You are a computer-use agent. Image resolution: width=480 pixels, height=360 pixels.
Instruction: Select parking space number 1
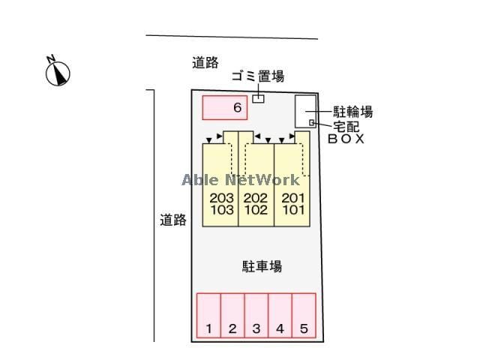tap(209, 316)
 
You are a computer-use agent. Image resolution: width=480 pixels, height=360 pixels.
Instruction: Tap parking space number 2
tap(232, 316)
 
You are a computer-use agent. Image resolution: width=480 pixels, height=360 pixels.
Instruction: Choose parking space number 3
tap(256, 316)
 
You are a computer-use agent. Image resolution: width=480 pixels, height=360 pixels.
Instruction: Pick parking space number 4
tap(280, 316)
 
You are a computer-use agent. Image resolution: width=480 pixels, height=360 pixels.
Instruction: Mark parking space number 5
tap(304, 316)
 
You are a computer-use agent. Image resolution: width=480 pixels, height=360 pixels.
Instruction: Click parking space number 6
tap(225, 108)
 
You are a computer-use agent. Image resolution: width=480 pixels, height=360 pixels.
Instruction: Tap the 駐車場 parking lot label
tap(262, 266)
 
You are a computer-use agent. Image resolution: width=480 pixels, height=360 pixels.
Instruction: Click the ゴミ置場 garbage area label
tap(257, 76)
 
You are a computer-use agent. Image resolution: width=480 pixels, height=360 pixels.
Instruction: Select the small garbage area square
tap(258, 98)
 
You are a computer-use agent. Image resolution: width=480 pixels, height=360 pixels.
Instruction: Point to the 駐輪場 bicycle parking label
tap(352, 112)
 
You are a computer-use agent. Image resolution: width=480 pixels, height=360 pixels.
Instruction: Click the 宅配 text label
tap(346, 126)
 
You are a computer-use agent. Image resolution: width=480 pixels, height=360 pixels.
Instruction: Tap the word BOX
tap(346, 139)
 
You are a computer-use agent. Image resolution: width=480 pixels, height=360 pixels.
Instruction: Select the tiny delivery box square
tap(312, 122)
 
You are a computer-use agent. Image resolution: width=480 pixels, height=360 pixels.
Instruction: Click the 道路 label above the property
tap(205, 63)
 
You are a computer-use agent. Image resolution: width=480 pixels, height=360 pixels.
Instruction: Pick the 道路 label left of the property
tap(172, 220)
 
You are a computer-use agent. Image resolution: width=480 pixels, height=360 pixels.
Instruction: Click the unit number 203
tap(221, 198)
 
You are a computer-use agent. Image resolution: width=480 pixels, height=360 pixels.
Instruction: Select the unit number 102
tap(256, 211)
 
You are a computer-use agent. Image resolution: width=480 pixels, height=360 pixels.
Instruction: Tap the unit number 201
tap(292, 198)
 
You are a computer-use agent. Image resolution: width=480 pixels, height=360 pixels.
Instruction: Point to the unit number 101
tap(292, 211)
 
